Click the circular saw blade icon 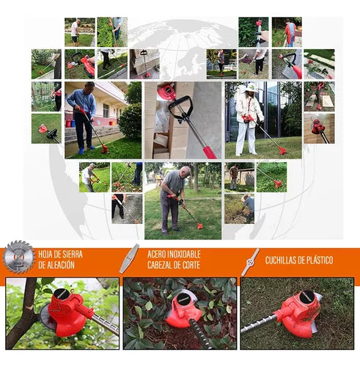tap(18, 257)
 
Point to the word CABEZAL tap(161, 265)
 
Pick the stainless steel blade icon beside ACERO tap(129, 258)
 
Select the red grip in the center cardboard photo tap(209, 152)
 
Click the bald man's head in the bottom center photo tap(185, 172)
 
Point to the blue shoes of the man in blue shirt tap(86, 149)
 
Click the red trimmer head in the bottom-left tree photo tap(69, 313)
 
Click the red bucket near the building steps tap(68, 123)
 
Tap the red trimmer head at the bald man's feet tap(199, 226)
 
